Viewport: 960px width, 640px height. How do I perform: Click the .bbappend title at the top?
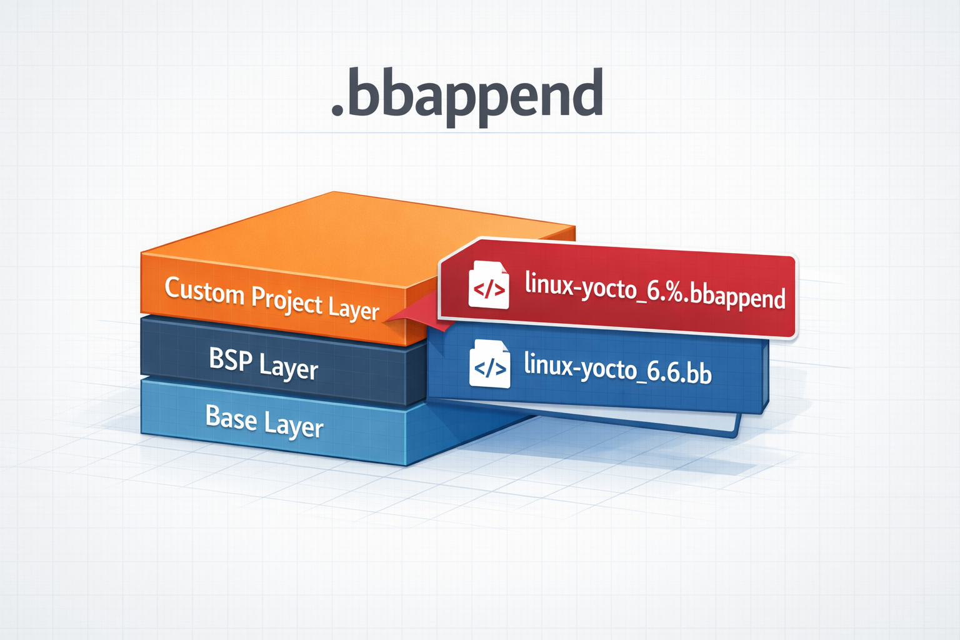467,95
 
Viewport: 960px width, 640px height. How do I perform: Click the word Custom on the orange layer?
204,291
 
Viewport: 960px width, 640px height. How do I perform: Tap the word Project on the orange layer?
287,301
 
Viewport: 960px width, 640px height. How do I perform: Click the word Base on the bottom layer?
231,417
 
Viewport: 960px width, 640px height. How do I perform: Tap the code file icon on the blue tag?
489,364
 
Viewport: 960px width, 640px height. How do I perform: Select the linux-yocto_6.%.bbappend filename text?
654,291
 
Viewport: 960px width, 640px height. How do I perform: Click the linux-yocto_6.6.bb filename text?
617,368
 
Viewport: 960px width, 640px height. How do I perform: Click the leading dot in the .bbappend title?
337,111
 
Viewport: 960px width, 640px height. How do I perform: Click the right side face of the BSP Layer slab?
417,375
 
